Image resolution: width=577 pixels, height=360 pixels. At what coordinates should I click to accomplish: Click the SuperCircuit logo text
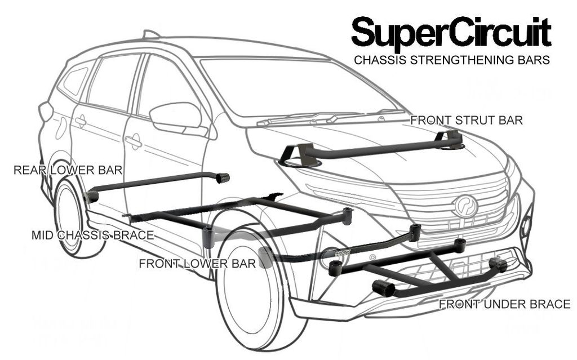point(451,33)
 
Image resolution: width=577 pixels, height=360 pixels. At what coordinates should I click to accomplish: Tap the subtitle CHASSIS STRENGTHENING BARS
point(451,60)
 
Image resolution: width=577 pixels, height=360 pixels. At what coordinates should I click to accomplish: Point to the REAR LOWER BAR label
point(68,170)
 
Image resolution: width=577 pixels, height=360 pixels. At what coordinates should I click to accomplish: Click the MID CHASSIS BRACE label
point(92,235)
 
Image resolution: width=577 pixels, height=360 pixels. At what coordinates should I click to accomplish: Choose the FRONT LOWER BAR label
point(197,263)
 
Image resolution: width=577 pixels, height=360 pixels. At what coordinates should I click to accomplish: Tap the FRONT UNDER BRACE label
point(504,305)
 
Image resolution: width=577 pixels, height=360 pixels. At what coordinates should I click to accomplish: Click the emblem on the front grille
point(465,205)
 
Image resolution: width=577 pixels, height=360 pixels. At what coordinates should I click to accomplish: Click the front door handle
point(133,141)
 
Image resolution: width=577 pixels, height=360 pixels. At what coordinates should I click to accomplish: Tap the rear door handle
point(81,121)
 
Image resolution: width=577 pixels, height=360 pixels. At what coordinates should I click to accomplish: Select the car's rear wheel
point(70,217)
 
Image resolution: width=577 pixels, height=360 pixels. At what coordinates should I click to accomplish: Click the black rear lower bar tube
point(152,182)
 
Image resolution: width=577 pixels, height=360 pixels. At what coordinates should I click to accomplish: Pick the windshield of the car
point(293,85)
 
